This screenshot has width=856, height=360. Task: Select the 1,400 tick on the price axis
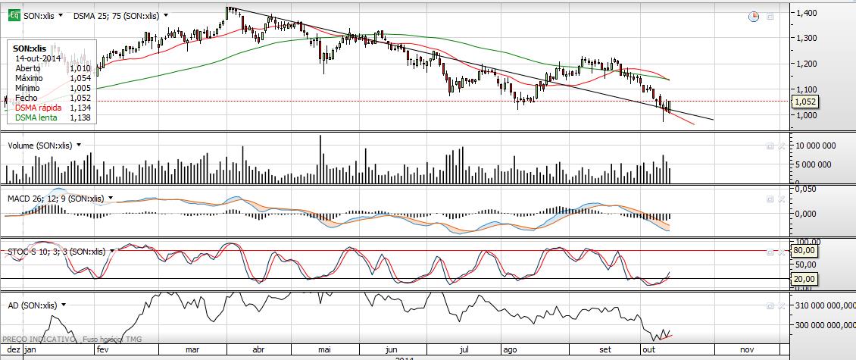806,13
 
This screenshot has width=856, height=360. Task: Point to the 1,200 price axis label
806,64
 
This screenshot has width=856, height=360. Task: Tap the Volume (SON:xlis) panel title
39,144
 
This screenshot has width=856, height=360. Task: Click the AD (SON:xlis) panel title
32,305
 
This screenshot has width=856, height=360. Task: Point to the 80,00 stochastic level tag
803,250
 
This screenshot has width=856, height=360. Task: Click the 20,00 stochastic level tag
803,279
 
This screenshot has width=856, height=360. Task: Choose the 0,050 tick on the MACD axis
806,189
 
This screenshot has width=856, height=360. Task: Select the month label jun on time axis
392,350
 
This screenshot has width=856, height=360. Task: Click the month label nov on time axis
746,350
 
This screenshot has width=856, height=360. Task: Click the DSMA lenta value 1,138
80,117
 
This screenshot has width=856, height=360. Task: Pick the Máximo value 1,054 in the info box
80,77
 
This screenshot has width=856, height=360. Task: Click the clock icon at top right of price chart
753,16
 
